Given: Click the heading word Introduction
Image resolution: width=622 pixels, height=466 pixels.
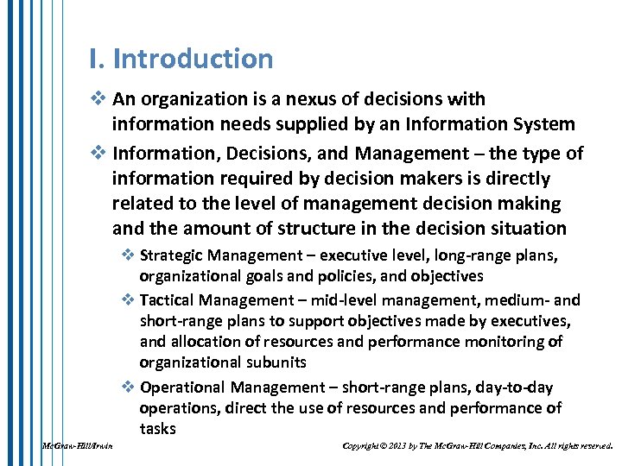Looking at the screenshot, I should tap(193, 59).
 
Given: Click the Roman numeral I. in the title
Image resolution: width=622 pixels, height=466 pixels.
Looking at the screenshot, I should tap(97, 59).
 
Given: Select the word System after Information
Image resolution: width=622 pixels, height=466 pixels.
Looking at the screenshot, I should tap(542, 124).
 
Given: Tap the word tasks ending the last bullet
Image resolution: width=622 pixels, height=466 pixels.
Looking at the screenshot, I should tap(157, 429).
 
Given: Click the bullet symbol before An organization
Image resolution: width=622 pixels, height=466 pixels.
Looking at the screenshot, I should tap(96, 100).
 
